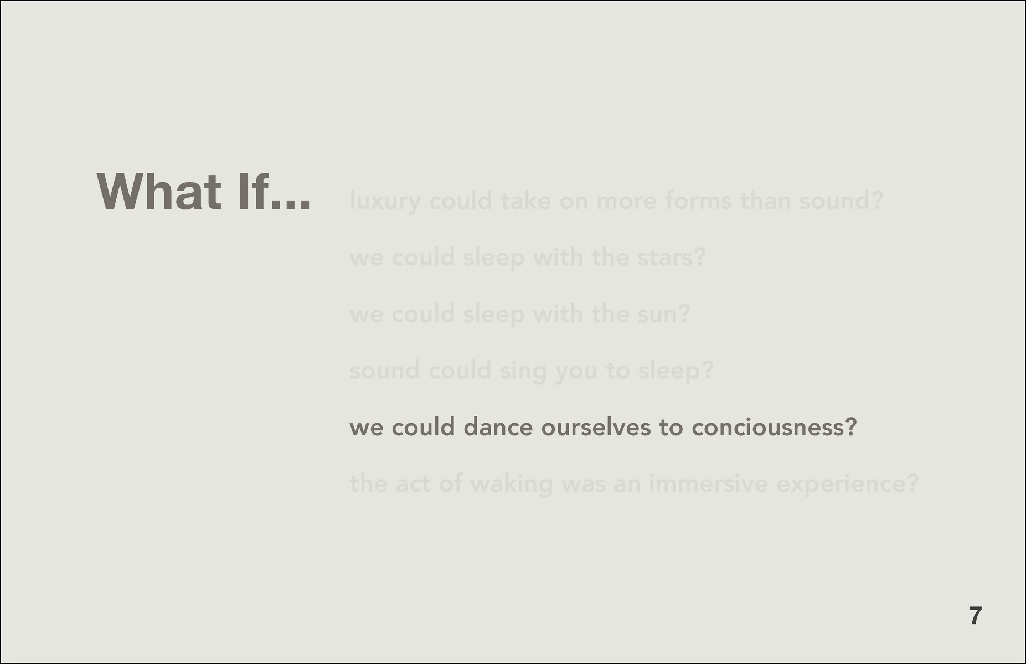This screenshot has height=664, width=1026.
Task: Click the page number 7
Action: [x=976, y=616]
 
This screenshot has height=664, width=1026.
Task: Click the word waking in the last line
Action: [x=511, y=485]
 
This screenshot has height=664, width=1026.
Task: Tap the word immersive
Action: [x=709, y=484]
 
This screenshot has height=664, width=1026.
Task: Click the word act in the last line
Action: [x=414, y=484]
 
